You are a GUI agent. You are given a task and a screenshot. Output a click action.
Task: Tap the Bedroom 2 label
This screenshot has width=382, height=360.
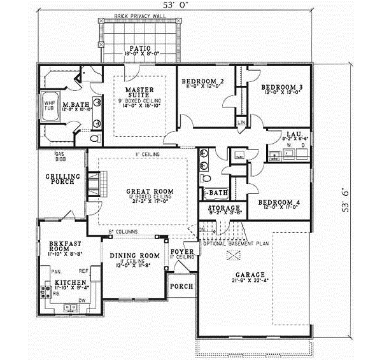pos(202,81)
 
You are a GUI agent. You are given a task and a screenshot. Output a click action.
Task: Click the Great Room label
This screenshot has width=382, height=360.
pos(146,191)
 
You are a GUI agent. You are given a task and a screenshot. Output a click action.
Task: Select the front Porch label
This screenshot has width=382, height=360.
pos(180,286)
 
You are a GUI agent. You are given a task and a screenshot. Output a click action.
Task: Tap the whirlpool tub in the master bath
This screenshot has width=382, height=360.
pos(49,106)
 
